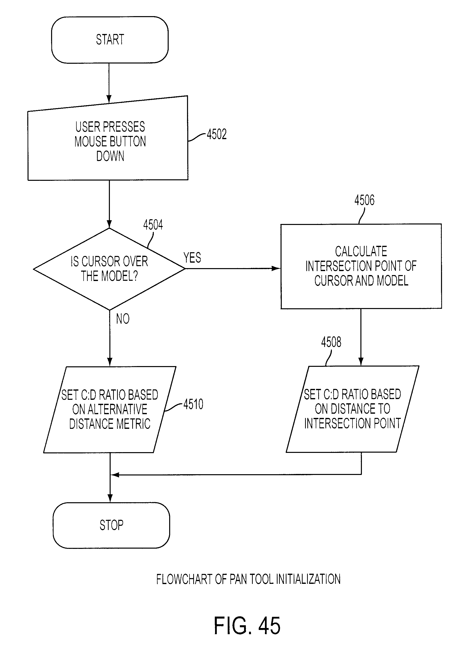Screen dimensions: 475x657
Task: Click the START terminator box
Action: point(110,40)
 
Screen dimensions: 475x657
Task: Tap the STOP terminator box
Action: point(111,525)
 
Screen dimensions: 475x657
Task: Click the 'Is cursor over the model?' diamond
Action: point(109,269)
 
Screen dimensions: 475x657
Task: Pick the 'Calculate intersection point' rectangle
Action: point(361,266)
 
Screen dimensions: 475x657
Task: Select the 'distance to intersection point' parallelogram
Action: point(352,409)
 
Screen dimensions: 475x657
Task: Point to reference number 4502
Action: point(217,134)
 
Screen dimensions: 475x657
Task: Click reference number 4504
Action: point(153,225)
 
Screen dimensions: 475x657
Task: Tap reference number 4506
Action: point(364,200)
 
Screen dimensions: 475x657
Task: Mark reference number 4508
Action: point(331,342)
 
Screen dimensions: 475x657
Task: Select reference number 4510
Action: point(193,404)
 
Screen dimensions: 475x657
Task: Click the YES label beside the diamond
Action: point(192,257)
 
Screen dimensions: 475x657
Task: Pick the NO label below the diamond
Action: point(123,319)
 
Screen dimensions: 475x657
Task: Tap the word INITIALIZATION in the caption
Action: point(308,579)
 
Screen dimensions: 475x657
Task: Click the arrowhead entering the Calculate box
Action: point(276,269)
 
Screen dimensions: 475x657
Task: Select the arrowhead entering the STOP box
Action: point(110,498)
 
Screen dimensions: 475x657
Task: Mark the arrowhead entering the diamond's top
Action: point(109,224)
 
